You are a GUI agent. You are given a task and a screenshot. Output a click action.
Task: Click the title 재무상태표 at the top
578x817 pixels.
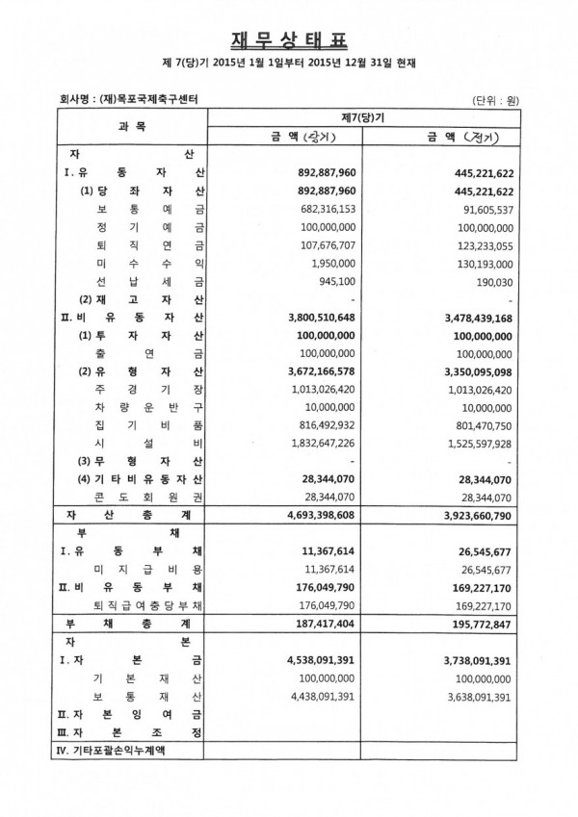[x=288, y=39]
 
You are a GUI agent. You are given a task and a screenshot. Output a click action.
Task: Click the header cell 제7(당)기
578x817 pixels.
[x=364, y=117]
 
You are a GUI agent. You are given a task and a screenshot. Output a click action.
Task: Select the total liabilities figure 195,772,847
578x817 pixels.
[x=473, y=624]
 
